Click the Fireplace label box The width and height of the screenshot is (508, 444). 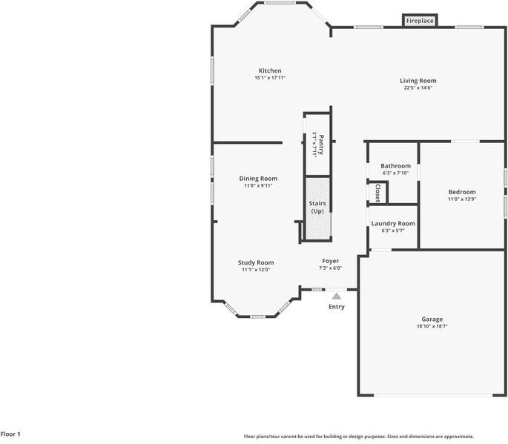point(420,21)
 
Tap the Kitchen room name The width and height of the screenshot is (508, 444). point(270,70)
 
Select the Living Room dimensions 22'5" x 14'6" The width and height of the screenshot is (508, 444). point(418,87)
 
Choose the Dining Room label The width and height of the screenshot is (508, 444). point(258,178)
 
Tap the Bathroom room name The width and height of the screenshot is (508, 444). point(395,166)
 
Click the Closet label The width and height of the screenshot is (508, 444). point(377,193)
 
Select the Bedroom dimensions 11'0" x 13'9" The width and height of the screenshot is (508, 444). point(461,199)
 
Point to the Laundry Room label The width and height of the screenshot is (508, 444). point(393,223)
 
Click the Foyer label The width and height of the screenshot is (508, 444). point(330,261)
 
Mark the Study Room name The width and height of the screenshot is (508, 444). point(256,262)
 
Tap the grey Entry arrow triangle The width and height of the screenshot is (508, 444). point(336,296)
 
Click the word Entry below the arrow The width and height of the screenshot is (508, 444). point(336,307)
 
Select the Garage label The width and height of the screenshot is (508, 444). point(432,319)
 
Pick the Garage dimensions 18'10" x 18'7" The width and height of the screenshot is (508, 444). point(432,326)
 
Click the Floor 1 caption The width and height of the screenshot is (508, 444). point(10,434)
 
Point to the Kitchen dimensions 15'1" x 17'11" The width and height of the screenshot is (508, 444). point(270,77)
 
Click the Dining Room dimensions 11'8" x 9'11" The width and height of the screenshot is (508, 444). point(258,185)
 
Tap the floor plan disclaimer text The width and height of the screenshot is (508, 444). point(358,437)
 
